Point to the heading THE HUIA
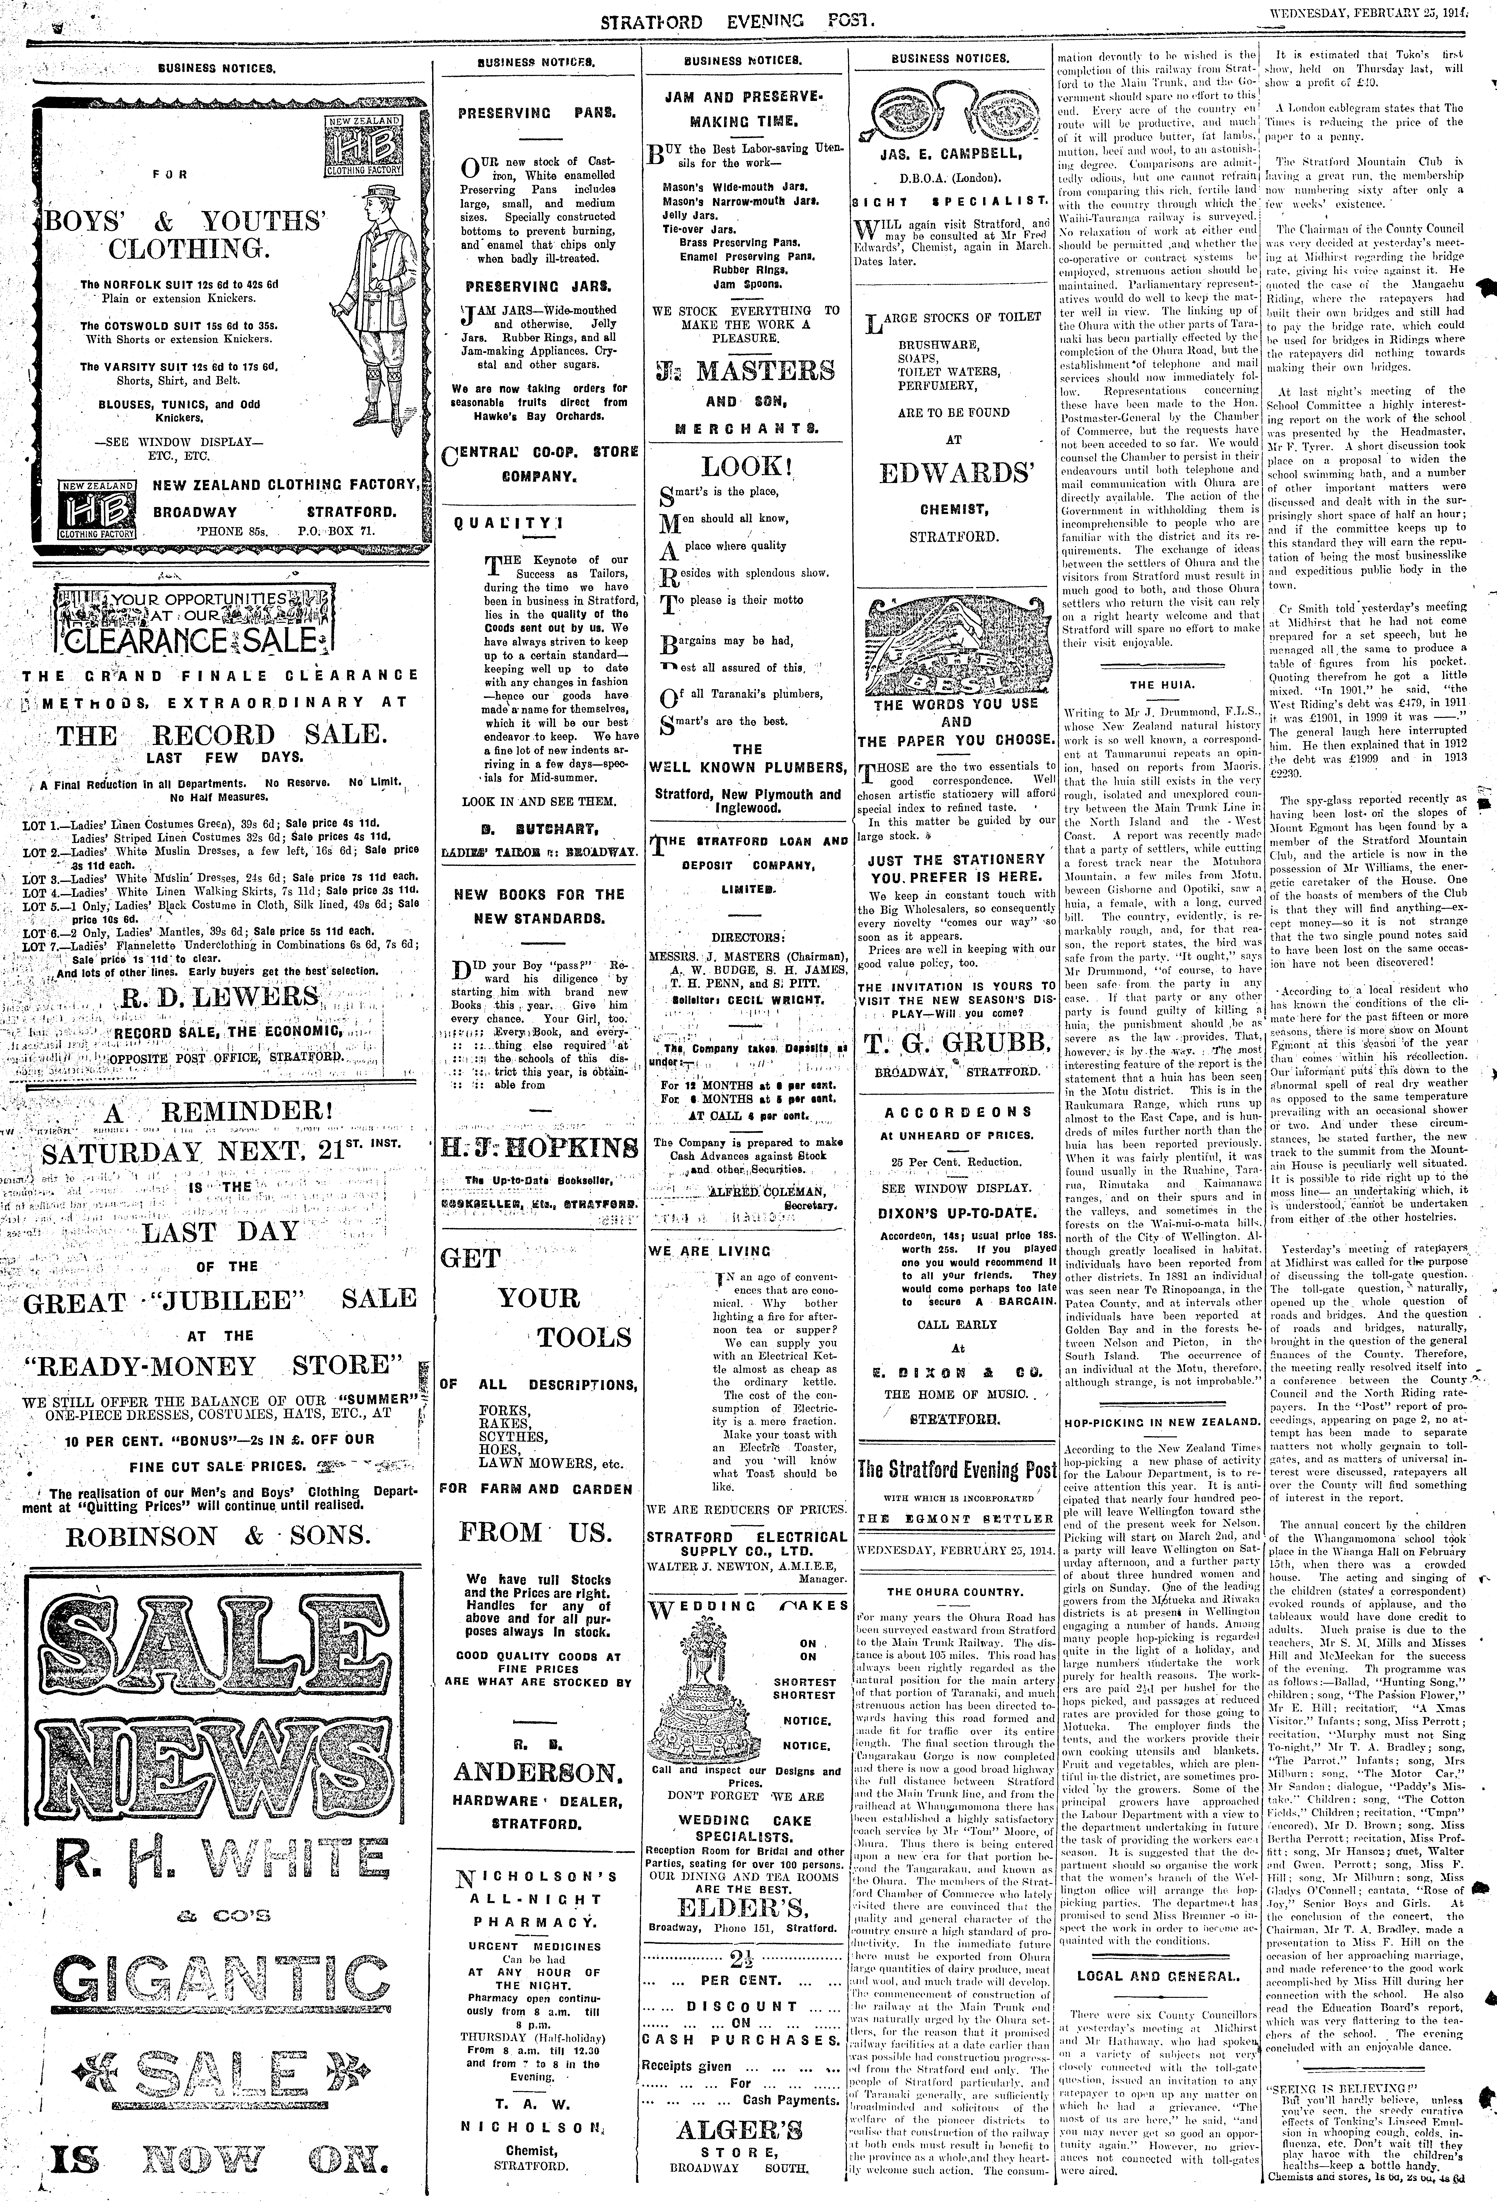pos(1154,684)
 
